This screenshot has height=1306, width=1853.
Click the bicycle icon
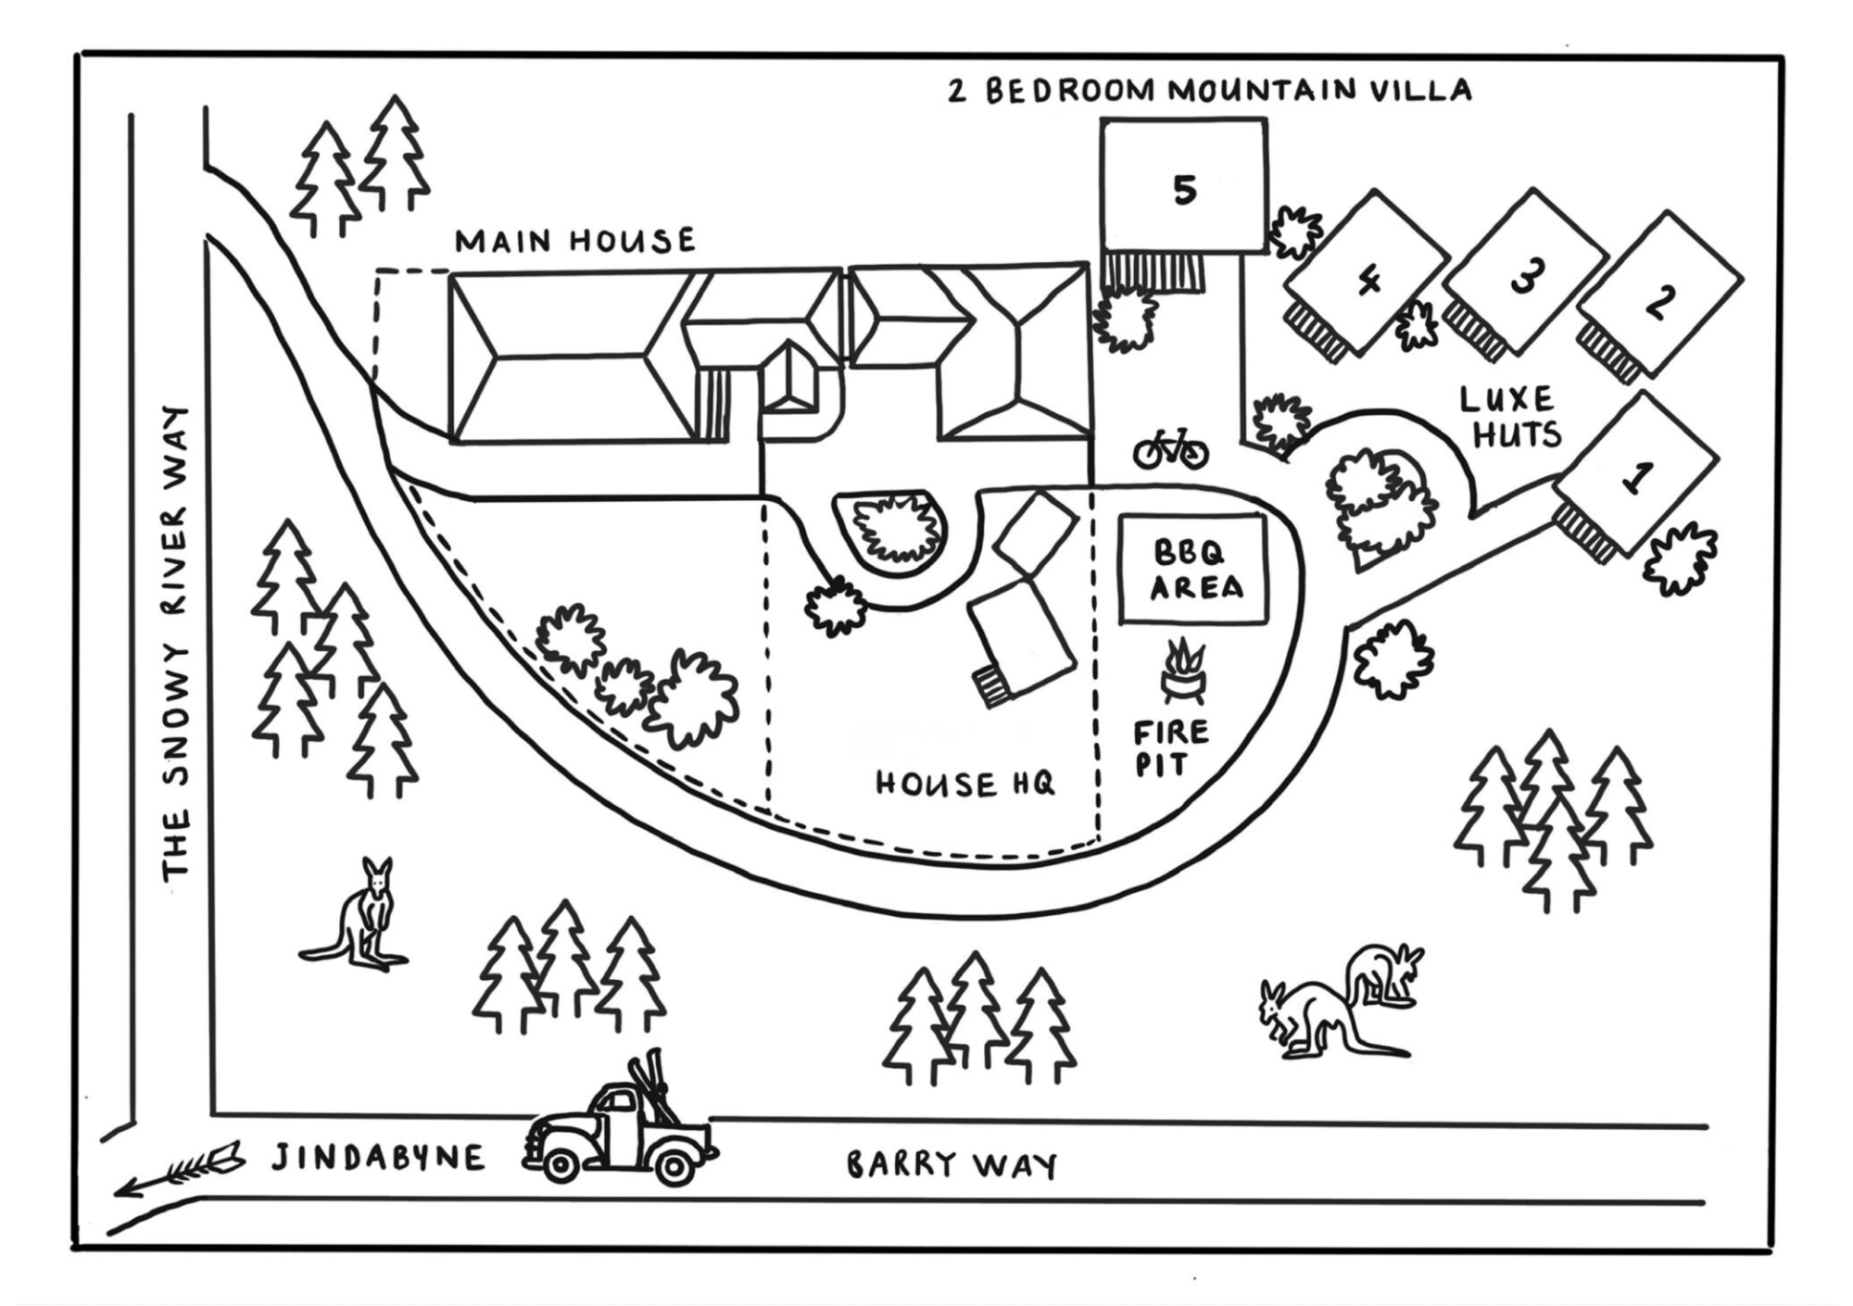(x=1171, y=448)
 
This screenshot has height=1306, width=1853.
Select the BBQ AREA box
(x=1192, y=570)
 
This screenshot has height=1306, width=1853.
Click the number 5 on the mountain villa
(x=1184, y=190)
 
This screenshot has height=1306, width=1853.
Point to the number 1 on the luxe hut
(x=1636, y=478)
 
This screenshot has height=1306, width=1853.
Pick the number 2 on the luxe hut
(x=1659, y=302)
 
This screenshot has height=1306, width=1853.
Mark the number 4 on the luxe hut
(x=1368, y=280)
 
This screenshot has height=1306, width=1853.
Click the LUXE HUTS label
(x=1510, y=417)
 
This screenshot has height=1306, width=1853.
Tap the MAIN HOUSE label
(x=574, y=241)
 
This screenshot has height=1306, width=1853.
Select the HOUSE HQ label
(x=964, y=785)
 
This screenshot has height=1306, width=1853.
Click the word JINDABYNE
(x=378, y=1158)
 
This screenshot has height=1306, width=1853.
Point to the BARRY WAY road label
(x=952, y=1165)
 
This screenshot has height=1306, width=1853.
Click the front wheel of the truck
(x=560, y=1165)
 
